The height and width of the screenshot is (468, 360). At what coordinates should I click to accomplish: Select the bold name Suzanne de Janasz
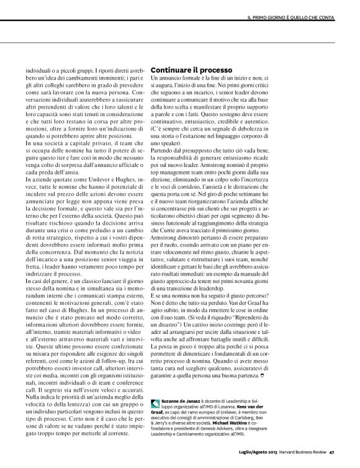pyautogui.click(x=184, y=402)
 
